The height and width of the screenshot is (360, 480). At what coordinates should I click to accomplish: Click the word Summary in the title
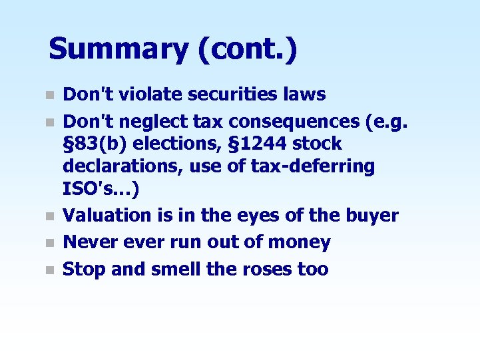tap(119, 50)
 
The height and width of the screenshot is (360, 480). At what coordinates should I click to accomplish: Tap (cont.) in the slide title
tap(247, 50)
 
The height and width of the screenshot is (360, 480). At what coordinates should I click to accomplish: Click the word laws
tap(308, 94)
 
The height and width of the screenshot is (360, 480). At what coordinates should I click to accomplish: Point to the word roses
tap(266, 270)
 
